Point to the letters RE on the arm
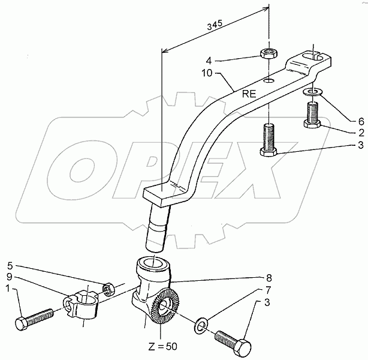pos(249,94)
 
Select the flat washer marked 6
pos(312,92)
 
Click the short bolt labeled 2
pos(312,114)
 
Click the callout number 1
pos(8,289)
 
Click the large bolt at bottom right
pos(231,340)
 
